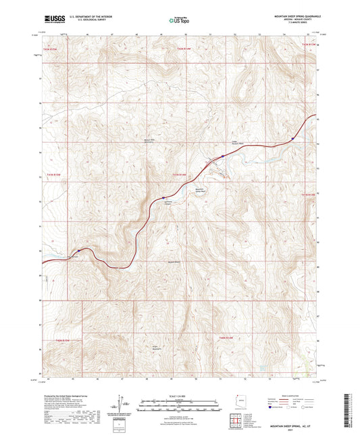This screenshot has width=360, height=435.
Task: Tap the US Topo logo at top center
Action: pyautogui.click(x=180, y=20)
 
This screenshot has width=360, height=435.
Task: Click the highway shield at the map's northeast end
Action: pyautogui.click(x=292, y=139)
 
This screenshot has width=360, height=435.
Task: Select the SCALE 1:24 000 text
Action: pyautogui.click(x=180, y=396)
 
